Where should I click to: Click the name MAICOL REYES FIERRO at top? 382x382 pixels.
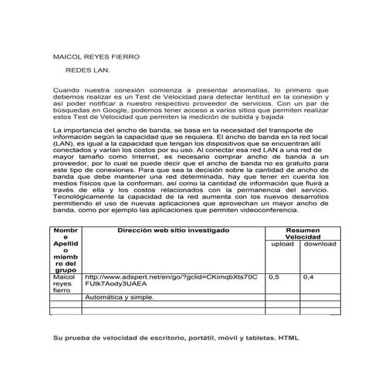pyautogui.click(x=96, y=57)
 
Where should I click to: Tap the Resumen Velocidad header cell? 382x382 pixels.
pyautogui.click(x=303, y=235)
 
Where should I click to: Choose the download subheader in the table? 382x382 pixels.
pyautogui.click(x=319, y=245)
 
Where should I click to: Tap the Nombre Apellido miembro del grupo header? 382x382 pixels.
pyautogui.click(x=65, y=250)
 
